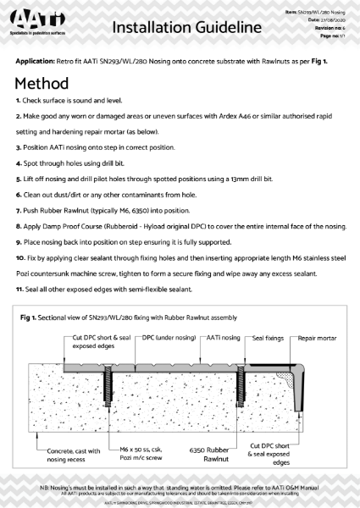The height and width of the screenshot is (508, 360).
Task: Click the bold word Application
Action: click(39, 63)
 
